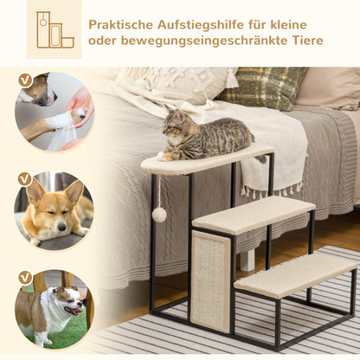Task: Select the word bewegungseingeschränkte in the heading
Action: pyautogui.click(x=205, y=41)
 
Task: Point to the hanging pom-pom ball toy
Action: pyautogui.click(x=160, y=214)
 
